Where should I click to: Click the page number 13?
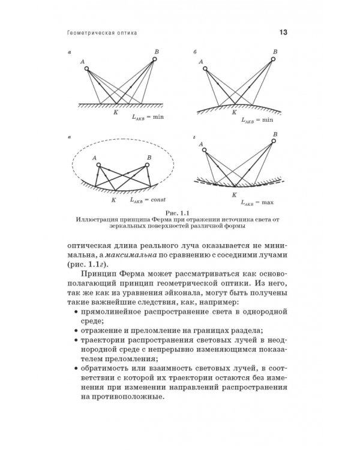[x=283, y=32]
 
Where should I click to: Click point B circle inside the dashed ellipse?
[x=146, y=165]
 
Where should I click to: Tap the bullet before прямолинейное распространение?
[x=75, y=313]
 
